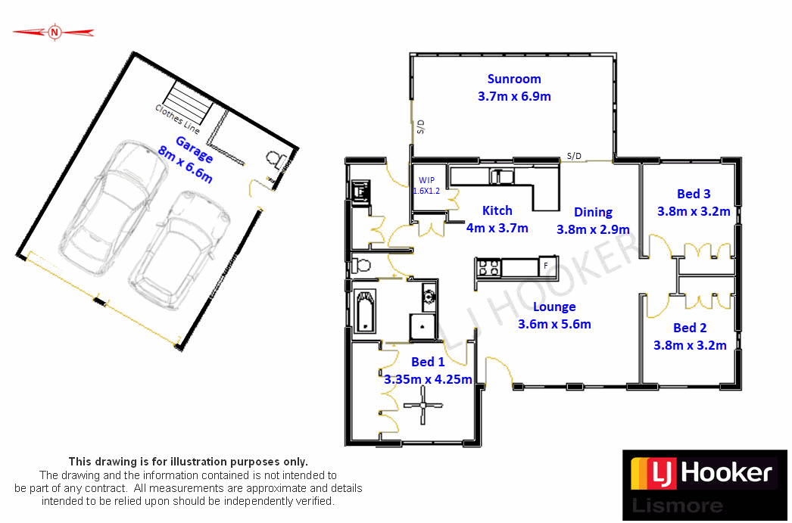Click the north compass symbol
click(54, 32)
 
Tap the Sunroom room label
click(514, 79)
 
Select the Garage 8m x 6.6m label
click(185, 160)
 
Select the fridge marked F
click(546, 266)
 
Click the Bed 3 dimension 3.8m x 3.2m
click(694, 212)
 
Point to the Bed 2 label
click(690, 328)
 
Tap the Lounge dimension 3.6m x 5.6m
click(554, 324)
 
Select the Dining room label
click(593, 212)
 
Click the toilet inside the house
click(360, 266)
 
